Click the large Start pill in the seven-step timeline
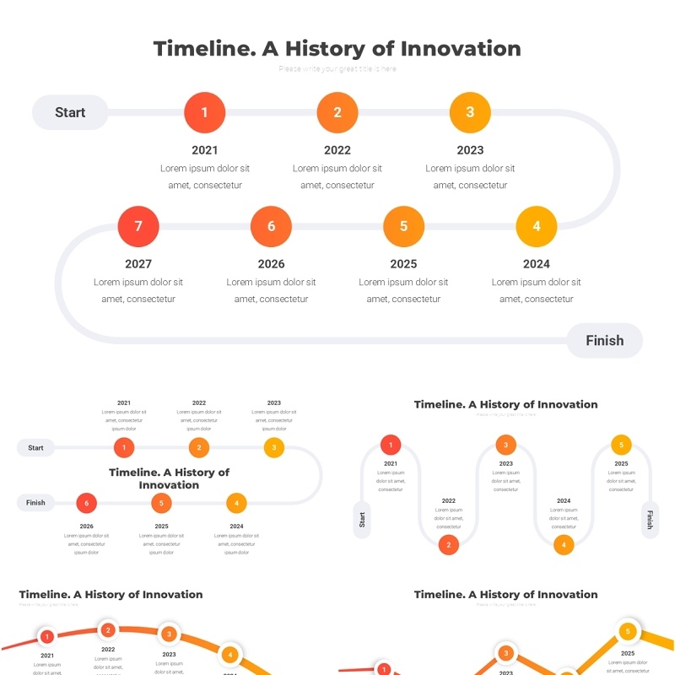coord(70,112)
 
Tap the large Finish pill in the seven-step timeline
coord(604,341)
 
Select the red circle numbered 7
coord(138,226)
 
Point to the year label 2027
coord(138,264)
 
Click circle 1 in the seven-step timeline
coord(204,112)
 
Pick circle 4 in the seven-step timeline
coord(537,226)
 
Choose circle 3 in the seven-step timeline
coord(470,112)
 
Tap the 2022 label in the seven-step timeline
coord(337,150)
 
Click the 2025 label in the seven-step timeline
coord(403,264)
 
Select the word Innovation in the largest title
coord(461,49)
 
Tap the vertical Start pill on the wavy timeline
coord(363,519)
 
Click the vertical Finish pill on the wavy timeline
coord(650,519)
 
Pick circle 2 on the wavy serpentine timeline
coord(449,545)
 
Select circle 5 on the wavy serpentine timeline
coord(621,445)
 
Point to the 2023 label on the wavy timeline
coord(505,463)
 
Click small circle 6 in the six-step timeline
coord(86,504)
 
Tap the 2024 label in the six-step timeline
coord(236,526)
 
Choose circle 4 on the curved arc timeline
coord(230,654)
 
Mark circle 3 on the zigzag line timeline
coord(506,653)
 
